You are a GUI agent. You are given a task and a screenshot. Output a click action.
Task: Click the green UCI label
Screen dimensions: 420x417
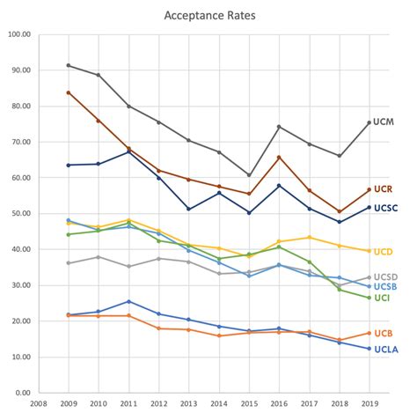coord(383,298)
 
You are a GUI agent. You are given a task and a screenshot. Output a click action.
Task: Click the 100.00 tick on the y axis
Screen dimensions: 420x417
coord(18,34)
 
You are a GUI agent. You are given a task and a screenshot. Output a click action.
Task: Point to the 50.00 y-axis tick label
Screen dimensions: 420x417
coord(20,214)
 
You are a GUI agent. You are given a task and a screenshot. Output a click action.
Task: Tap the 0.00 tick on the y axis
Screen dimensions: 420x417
coord(22,393)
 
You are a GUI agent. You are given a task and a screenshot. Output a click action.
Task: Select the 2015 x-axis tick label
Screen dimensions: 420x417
coord(249,406)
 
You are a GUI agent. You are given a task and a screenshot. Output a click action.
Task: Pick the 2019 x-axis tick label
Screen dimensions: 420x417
coord(369,406)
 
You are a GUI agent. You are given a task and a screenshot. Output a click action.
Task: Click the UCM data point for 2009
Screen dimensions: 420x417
coord(69,65)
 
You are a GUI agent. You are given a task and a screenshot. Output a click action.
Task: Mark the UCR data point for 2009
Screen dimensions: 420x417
coord(69,92)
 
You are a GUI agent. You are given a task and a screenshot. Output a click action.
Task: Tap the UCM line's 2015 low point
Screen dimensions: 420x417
coord(249,175)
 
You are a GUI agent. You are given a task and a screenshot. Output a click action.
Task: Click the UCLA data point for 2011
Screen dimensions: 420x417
coord(128,301)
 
